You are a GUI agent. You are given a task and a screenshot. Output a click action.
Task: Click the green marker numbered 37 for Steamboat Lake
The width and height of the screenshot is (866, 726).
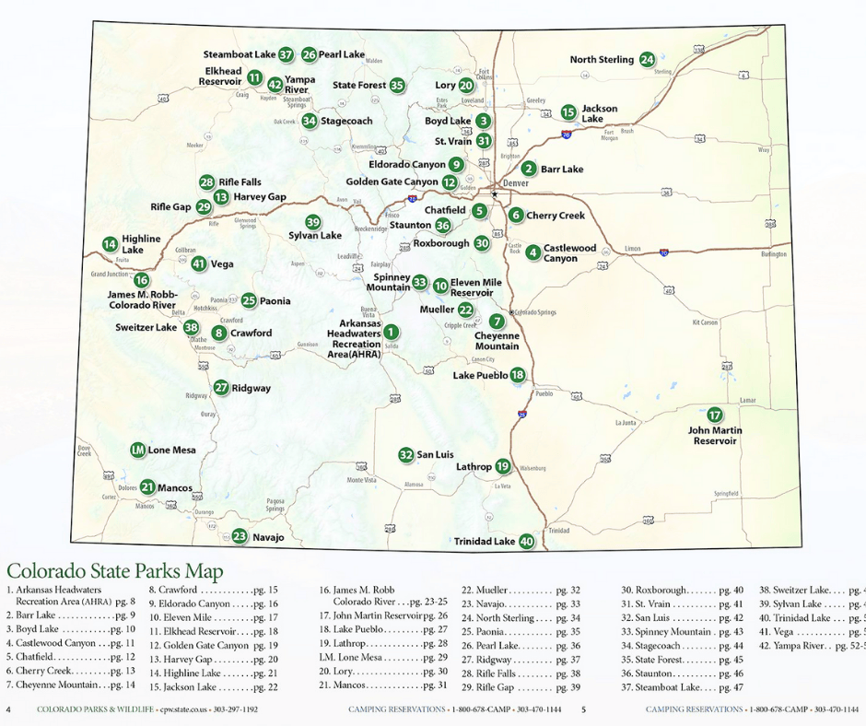click(286, 54)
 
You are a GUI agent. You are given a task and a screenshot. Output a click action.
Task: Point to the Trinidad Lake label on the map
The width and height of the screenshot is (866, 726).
click(485, 542)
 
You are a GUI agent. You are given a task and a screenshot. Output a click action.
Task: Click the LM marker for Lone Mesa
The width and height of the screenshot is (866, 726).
click(137, 450)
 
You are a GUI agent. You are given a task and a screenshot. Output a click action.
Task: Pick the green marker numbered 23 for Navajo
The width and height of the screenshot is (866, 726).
click(240, 536)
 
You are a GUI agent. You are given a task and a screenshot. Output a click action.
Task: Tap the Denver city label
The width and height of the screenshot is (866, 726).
click(516, 183)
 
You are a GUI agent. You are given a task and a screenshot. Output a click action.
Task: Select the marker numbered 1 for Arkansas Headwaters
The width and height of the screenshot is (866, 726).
click(391, 332)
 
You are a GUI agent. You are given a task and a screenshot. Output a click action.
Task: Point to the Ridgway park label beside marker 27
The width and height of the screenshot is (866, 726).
click(252, 388)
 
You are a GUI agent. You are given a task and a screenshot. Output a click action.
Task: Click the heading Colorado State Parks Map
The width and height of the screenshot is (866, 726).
click(114, 572)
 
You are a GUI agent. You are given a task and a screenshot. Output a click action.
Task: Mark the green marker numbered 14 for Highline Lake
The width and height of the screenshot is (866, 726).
click(110, 244)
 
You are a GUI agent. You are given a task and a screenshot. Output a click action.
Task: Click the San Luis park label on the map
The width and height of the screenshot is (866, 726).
click(436, 455)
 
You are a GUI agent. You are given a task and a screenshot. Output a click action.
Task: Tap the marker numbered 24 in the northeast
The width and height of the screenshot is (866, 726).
click(648, 59)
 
